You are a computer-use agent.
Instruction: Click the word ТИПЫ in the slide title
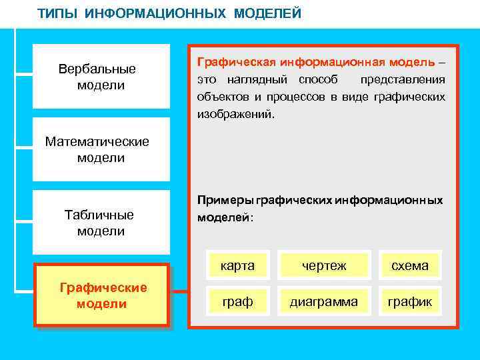click(59, 13)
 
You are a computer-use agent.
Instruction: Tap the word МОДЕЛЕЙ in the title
click(267, 13)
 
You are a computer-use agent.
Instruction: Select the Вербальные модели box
click(101, 77)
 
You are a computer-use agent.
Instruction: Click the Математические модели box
click(101, 149)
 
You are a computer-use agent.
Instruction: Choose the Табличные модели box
click(101, 223)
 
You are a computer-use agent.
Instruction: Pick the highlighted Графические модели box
click(102, 295)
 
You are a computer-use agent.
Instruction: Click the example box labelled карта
click(238, 265)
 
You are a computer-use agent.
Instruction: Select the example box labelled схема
click(409, 265)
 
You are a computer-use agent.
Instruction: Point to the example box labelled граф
click(238, 301)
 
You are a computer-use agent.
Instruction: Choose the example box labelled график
click(409, 301)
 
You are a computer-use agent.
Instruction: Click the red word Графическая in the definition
click(236, 61)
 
